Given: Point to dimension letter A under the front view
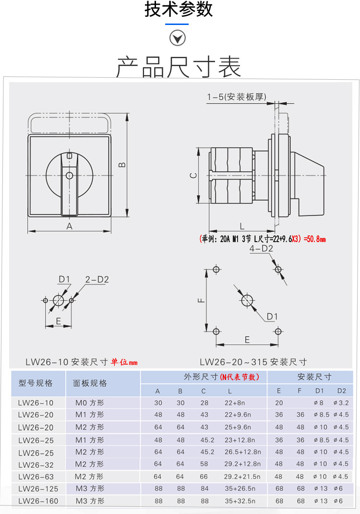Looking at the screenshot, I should (69, 226).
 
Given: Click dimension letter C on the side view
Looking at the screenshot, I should (192, 175).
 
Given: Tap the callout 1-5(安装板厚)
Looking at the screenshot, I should (236, 97).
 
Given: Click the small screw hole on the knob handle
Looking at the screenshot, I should (70, 175).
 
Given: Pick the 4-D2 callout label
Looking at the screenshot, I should (261, 248).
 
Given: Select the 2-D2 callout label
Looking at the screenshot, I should (97, 280).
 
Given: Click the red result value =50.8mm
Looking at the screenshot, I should (315, 239).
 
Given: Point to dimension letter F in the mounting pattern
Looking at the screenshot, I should (202, 300).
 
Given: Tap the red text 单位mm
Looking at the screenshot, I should (124, 362).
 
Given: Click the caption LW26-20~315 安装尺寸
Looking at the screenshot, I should (253, 362).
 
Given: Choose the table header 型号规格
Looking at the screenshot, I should (36, 383).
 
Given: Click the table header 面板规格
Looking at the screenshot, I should (90, 383).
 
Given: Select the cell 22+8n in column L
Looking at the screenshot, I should (235, 403).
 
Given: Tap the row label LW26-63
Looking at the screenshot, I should (36, 477).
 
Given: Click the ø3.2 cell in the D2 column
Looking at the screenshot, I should (341, 403).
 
